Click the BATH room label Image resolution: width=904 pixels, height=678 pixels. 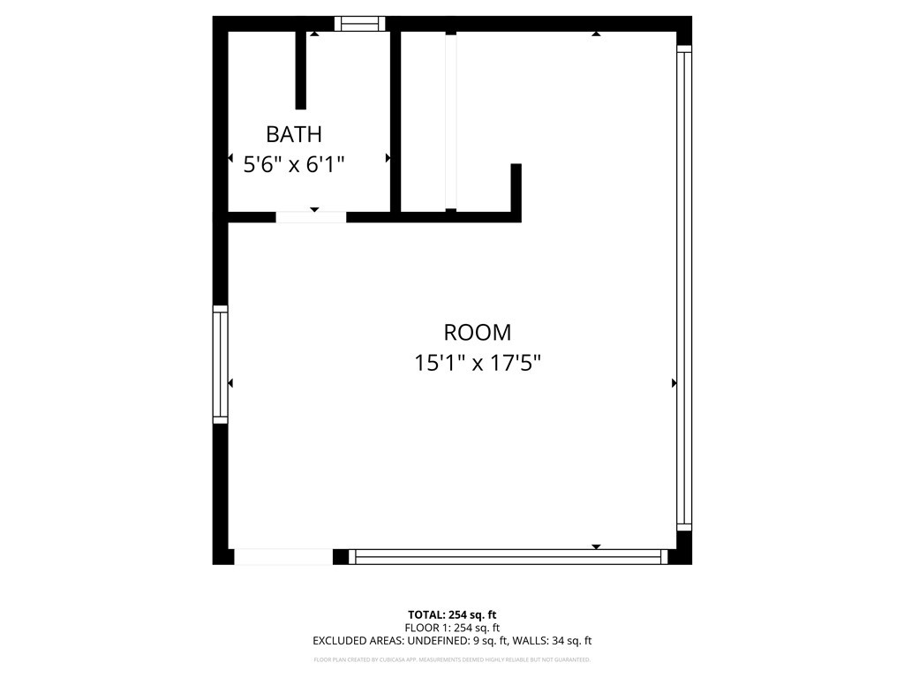pos(294,134)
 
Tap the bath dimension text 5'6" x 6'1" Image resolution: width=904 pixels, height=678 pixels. pos(294,163)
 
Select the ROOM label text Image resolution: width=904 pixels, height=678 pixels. pos(477,333)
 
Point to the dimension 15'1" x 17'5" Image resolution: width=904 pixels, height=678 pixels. pos(477,362)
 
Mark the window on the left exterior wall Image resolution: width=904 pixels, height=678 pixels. pos(221,364)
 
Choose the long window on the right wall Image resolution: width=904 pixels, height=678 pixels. pos(684,287)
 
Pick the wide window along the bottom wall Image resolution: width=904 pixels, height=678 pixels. pos(508,556)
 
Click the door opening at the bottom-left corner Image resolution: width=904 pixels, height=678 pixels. pos(283,556)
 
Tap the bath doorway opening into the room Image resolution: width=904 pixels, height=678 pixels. pos(311,217)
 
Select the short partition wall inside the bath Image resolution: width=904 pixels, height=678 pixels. pos(300,71)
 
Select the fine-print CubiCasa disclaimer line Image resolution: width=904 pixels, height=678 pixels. pos(452,659)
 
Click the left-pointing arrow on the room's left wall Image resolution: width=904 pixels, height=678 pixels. pos(230,383)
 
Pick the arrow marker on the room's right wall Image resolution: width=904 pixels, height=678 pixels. pos(674,383)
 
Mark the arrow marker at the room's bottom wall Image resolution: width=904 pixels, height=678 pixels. pos(596,546)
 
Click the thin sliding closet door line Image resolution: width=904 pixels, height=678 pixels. pos(451,122)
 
